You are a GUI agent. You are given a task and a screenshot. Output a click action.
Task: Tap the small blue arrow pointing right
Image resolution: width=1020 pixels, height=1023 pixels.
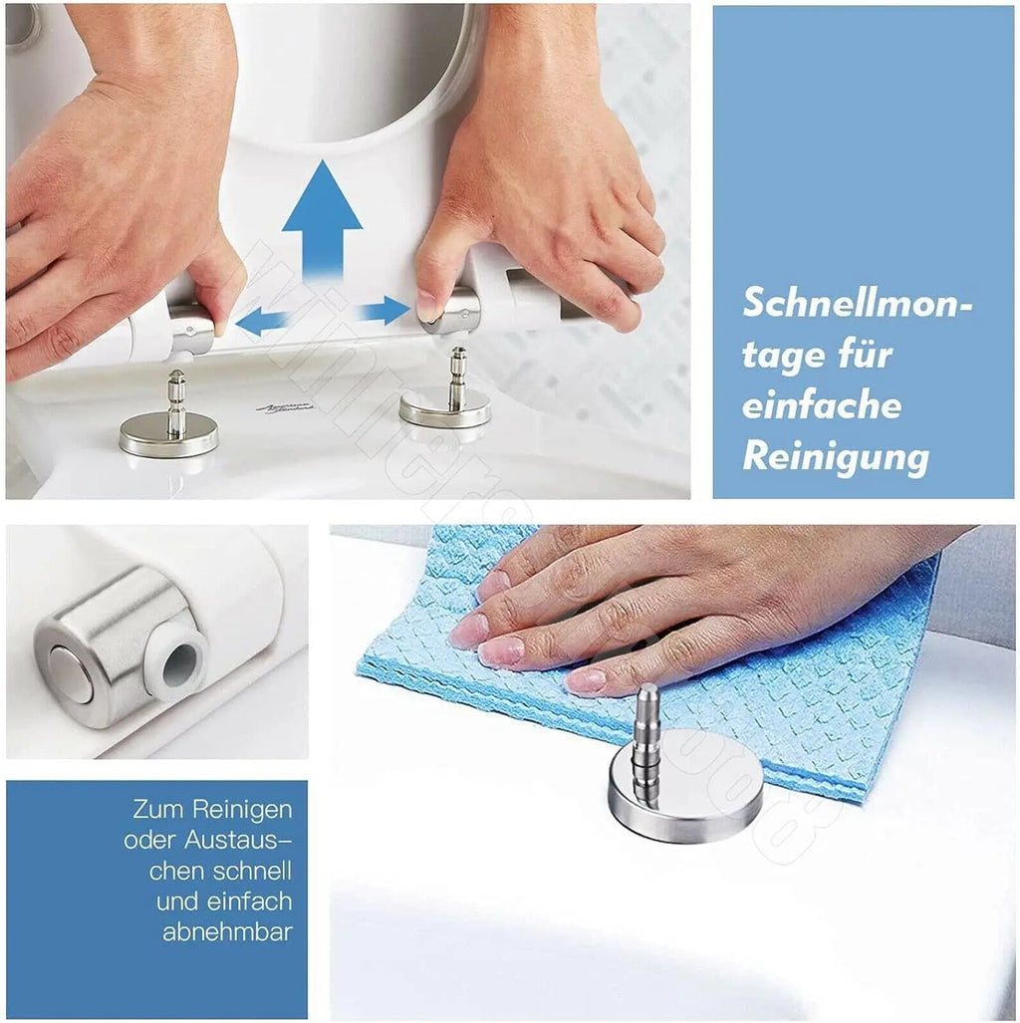click(385, 311)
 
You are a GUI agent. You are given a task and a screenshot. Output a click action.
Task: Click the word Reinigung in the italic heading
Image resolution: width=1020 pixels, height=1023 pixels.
click(836, 457)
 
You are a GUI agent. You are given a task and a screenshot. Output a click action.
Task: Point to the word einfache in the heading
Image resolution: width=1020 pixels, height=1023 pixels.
click(822, 406)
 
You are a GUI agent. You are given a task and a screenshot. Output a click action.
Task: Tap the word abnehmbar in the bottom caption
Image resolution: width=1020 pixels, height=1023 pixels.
click(227, 932)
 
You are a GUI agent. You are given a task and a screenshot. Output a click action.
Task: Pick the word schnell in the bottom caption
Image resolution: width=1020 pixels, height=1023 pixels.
click(253, 870)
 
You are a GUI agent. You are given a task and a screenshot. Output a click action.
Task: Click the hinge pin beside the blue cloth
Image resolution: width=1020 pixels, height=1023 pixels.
click(645, 737)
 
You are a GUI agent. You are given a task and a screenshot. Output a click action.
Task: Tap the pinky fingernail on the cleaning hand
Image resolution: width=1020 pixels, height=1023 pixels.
click(586, 680)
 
